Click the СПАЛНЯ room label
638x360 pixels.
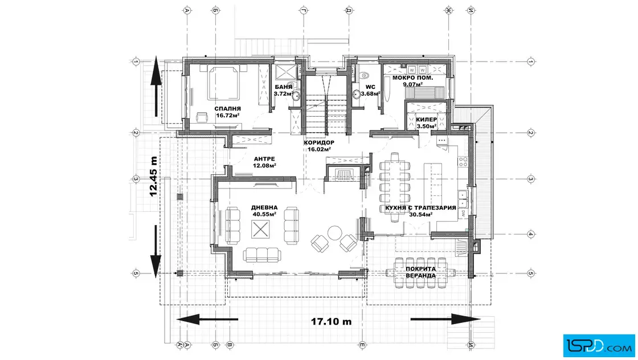pos(227,109)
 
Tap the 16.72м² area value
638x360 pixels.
pos(227,115)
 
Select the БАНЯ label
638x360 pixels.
pos(283,87)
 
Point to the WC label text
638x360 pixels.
pos(370,87)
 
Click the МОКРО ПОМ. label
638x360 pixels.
pos(412,77)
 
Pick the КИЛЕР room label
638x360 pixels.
pos(427,120)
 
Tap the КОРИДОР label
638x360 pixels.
pos(319,143)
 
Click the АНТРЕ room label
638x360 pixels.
pos(264,159)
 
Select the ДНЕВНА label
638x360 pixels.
pos(264,207)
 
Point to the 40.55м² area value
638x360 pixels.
pos(264,214)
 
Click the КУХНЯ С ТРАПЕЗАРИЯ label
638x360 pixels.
pos(421,208)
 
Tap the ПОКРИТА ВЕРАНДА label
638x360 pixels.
pos(421,272)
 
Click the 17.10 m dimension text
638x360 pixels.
pos(331,321)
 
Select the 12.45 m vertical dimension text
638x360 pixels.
pos(153,177)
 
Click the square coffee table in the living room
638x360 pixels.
pos(260,230)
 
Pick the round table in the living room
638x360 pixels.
pos(335,233)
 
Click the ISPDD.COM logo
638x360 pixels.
pos(599,346)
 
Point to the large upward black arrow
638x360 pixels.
pos(156,87)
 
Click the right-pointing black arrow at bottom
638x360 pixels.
pos(445,320)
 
